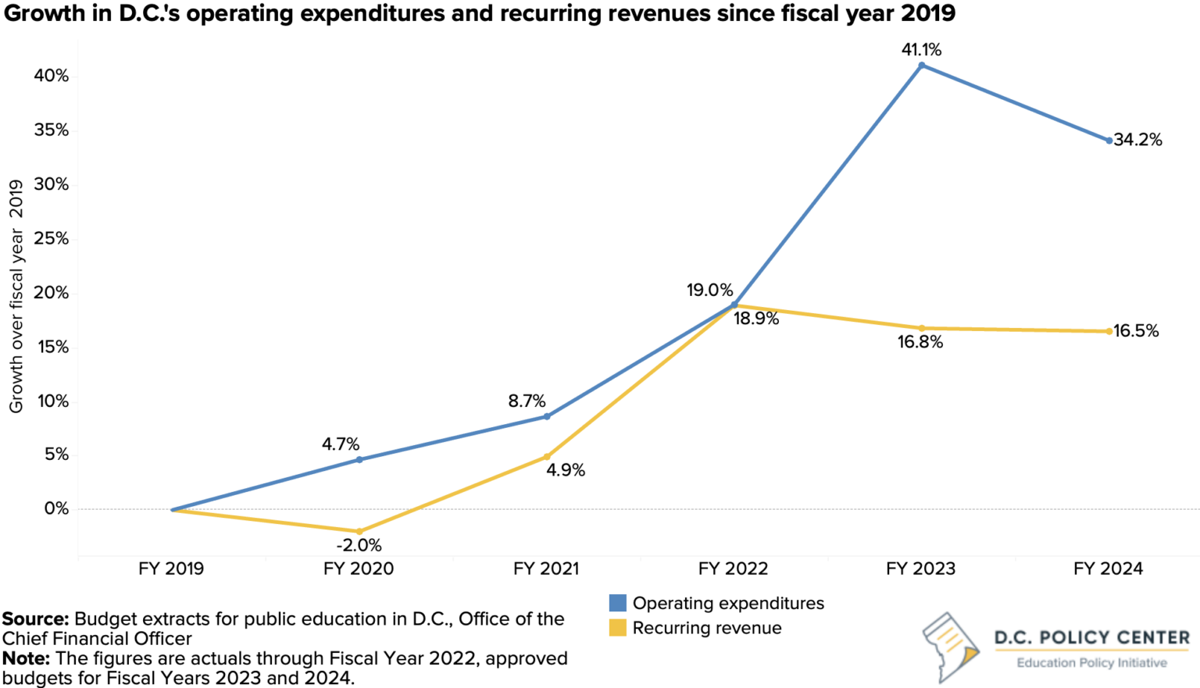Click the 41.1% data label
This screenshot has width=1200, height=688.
(921, 50)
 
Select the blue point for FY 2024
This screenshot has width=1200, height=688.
(1109, 141)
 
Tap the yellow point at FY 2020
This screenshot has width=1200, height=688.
(359, 532)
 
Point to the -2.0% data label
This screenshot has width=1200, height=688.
(359, 546)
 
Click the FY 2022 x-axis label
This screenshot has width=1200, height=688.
(733, 569)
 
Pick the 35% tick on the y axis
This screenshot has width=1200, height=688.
(51, 130)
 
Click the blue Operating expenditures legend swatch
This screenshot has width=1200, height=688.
(617, 603)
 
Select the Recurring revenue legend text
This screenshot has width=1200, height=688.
(706, 628)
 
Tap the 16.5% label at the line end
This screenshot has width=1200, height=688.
(1136, 331)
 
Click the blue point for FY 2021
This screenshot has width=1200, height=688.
(547, 416)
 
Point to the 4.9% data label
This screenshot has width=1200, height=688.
(565, 470)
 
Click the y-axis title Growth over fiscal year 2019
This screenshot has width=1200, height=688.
(16, 297)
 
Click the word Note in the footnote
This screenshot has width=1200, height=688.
(25, 658)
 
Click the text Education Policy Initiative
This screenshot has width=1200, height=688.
(1091, 663)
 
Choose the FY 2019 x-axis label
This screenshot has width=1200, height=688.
(171, 569)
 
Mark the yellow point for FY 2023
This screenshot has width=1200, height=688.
(922, 329)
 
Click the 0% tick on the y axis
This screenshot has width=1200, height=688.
(56, 509)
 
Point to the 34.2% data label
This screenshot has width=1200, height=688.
(1137, 140)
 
